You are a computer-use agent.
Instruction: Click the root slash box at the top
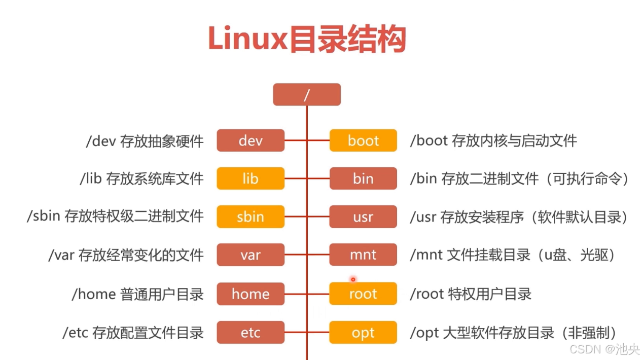(307, 95)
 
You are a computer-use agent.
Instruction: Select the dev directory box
(251, 140)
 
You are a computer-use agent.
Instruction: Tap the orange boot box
(363, 140)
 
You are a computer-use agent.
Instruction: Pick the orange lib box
(251, 178)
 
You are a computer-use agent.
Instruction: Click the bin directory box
(363, 178)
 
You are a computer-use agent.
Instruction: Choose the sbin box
(251, 217)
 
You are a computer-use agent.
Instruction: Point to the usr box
(363, 217)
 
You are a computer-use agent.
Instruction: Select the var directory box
(251, 255)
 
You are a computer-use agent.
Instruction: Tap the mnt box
(363, 255)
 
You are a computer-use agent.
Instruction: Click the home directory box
(251, 294)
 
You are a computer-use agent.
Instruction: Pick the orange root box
(363, 294)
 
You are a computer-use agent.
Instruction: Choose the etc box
(251, 333)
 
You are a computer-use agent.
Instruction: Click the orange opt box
(363, 333)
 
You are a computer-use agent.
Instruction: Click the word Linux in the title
(247, 39)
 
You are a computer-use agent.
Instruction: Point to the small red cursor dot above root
(353, 279)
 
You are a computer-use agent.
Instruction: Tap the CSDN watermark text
(585, 349)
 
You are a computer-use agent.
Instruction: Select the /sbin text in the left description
(43, 216)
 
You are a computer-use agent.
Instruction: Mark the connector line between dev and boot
(307, 140)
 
